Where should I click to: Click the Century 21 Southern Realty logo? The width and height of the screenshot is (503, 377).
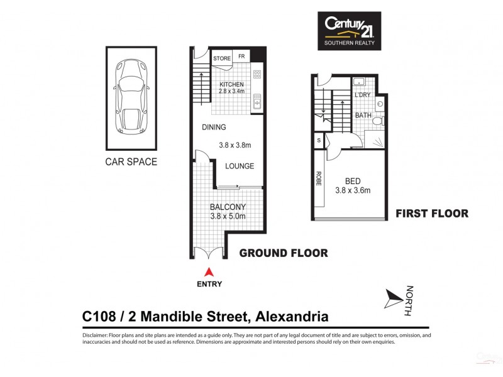point(350,31)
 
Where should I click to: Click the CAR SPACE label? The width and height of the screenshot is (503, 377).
point(131,162)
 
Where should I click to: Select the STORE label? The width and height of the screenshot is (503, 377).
point(222,58)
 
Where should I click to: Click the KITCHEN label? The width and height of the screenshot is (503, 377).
point(231,84)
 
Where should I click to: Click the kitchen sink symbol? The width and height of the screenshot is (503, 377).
point(257,101)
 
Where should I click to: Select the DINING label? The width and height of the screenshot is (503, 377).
point(214,128)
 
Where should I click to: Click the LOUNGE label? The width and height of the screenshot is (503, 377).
point(240,166)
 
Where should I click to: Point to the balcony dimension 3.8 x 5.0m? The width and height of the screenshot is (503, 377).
point(227,217)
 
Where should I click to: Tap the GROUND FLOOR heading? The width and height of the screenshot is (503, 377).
point(284,253)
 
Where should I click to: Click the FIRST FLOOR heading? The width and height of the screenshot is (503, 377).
point(431,214)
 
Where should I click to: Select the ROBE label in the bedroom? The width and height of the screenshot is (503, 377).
point(318,180)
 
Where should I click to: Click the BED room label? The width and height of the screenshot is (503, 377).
point(353,181)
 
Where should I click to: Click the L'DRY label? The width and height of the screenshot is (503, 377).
point(362,95)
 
